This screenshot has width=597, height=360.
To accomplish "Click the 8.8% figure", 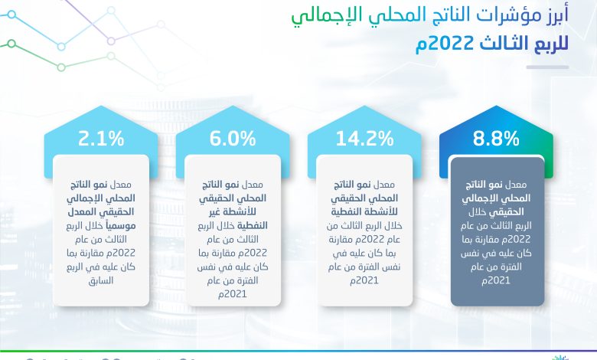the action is (x=496, y=139).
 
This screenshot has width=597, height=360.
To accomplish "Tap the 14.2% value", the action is (x=364, y=139).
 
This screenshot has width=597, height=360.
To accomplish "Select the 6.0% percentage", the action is (x=233, y=139).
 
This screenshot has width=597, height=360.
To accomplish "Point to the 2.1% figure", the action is (x=101, y=139).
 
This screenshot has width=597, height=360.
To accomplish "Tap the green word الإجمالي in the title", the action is (x=321, y=16).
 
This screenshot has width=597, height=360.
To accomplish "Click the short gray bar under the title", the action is (x=547, y=67).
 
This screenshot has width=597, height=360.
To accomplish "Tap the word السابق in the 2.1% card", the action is (x=101, y=281).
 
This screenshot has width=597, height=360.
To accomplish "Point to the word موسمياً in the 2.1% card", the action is (x=120, y=226).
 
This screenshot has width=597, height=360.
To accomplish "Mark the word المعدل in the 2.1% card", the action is (x=79, y=212).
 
